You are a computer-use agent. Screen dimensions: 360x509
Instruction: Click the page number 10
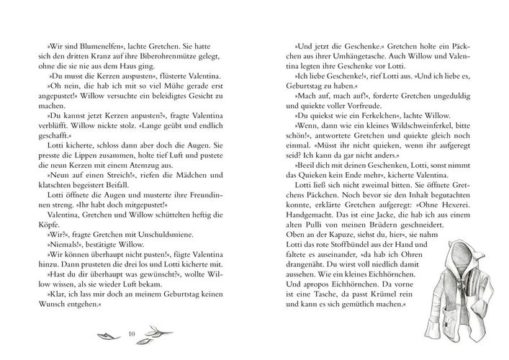click(x=130, y=333)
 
